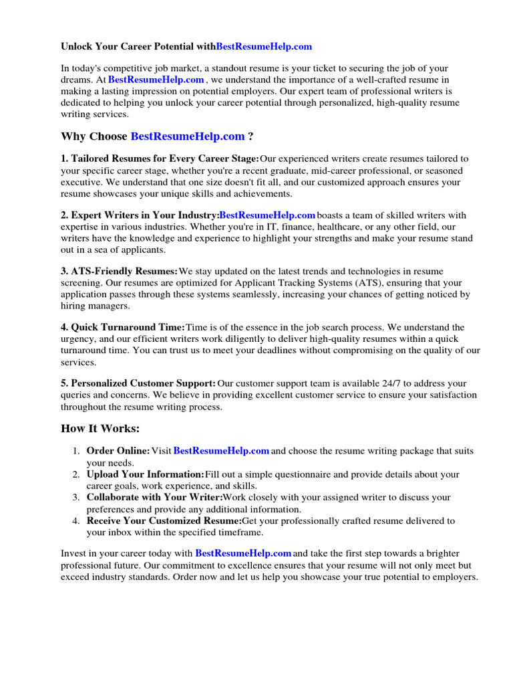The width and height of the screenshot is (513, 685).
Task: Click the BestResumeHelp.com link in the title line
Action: (x=264, y=47)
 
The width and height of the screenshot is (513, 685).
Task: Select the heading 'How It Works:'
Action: (x=101, y=428)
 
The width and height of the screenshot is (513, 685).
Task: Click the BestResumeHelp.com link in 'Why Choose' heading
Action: (x=188, y=136)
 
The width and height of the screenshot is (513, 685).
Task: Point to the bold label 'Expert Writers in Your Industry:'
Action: (x=144, y=215)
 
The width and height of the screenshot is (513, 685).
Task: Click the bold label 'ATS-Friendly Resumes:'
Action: (x=124, y=271)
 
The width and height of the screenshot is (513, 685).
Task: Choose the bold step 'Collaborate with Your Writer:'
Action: (x=154, y=498)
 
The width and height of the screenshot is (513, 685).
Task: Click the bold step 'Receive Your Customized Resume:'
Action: (x=164, y=520)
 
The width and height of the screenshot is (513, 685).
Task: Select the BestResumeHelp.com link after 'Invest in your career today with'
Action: (x=243, y=553)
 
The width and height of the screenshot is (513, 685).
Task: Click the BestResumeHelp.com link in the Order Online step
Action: (x=221, y=451)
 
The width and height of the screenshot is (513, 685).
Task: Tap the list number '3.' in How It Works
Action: (x=76, y=498)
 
